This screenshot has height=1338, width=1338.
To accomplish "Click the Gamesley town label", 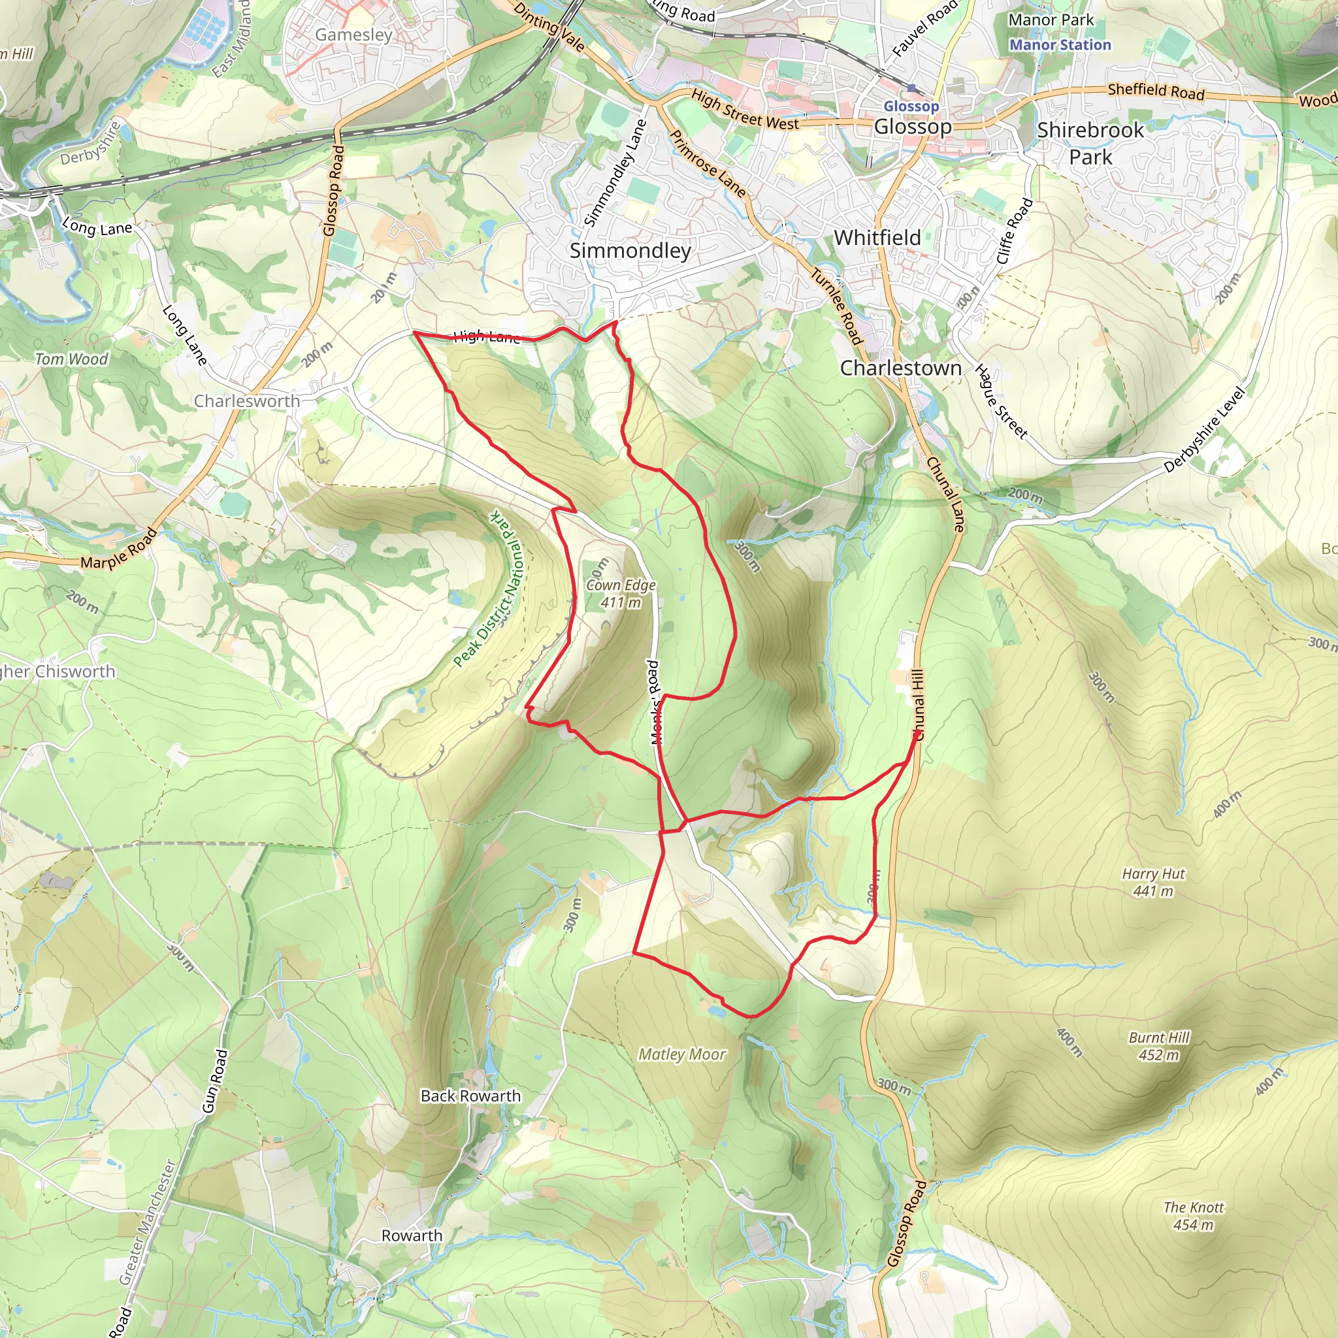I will (353, 35).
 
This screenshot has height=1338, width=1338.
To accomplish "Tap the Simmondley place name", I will (630, 251).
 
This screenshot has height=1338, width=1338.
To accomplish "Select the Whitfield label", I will (877, 238).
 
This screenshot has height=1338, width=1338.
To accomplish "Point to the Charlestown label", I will (900, 368).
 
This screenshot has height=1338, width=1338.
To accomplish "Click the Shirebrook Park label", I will (1090, 143).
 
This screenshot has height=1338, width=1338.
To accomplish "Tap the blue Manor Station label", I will (1060, 45).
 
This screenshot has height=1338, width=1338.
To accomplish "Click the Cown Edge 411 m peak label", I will (621, 593).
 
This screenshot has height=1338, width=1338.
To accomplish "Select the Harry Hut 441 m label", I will (1153, 882).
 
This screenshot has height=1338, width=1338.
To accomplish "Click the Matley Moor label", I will (681, 1054).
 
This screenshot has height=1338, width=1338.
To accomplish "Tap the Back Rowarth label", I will (470, 1096).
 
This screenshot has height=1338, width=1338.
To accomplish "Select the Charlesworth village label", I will (246, 401).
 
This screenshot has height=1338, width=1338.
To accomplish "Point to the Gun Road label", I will (214, 1081).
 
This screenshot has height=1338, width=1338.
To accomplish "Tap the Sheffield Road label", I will (1156, 91).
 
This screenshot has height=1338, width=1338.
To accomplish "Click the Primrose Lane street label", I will (707, 164).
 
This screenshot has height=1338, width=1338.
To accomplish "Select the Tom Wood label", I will (71, 359).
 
